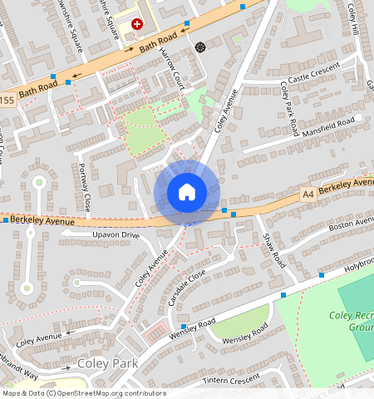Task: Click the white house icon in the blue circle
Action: pyautogui.click(x=186, y=192)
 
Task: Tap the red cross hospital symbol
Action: pyautogui.click(x=137, y=26)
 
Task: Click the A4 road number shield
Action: pyautogui.click(x=308, y=194)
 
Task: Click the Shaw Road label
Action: pyautogui.click(x=273, y=250)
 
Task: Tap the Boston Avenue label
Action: pyautogui.click(x=351, y=224)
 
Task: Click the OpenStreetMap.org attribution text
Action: pyautogui.click(x=115, y=393)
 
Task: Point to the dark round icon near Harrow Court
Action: pyautogui.click(x=199, y=47)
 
